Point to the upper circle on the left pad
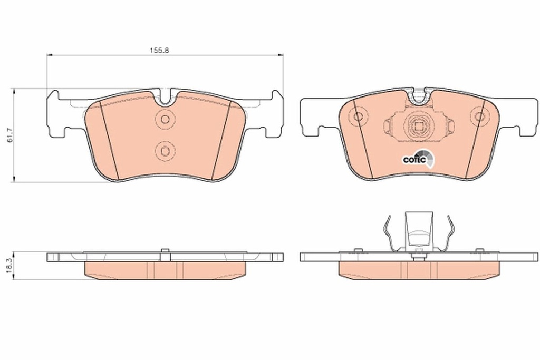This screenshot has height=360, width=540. pyautogui.click(x=165, y=119)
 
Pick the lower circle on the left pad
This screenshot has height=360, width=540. pyautogui.click(x=165, y=151)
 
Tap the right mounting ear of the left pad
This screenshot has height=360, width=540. pyautogui.click(x=275, y=113)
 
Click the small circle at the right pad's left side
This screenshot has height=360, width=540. pyautogui.click(x=358, y=117)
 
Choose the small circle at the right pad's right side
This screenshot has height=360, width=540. pyautogui.click(x=479, y=116)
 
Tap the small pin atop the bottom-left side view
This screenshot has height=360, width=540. pyautogui.click(x=165, y=250)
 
